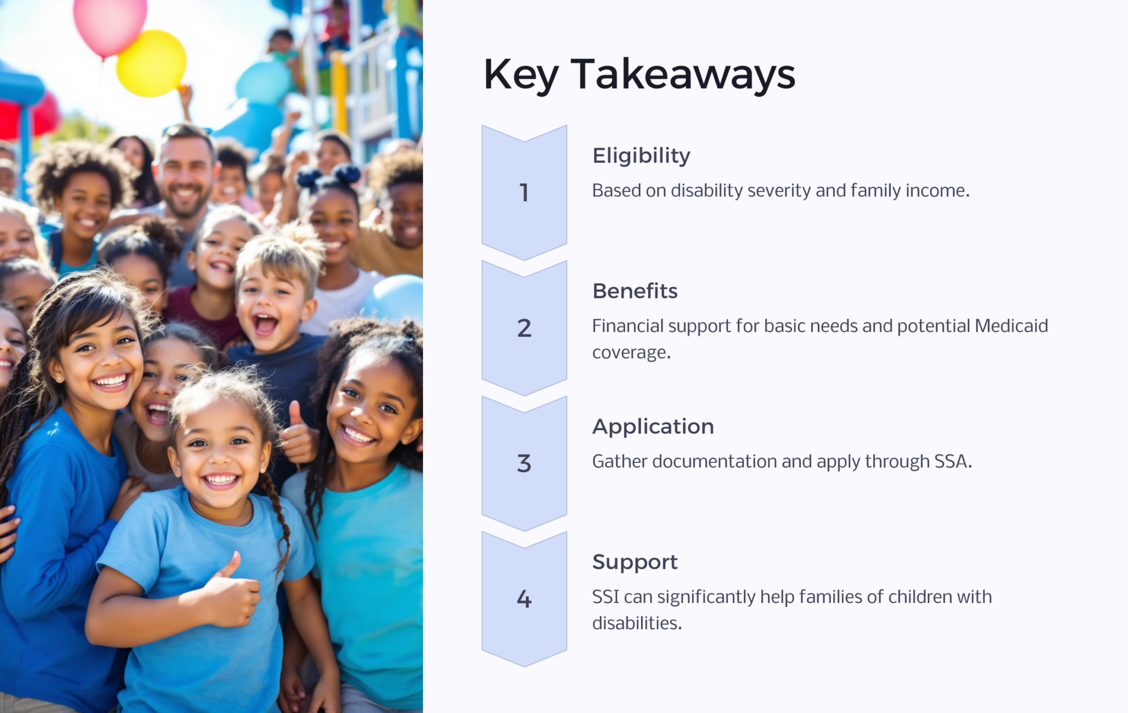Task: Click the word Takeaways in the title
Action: pos(683,74)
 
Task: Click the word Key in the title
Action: pos(520,75)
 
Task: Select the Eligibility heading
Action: pos(641,156)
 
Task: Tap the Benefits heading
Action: pos(634,291)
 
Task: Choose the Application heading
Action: pos(653,426)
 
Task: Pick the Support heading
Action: pos(634,562)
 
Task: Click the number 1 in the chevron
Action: pos(524,193)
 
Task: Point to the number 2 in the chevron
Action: pos(524,328)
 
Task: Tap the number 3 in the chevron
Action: pos(524,463)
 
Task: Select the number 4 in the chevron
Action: pos(524,599)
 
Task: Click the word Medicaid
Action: pos(1011,326)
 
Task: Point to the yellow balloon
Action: pos(151,63)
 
